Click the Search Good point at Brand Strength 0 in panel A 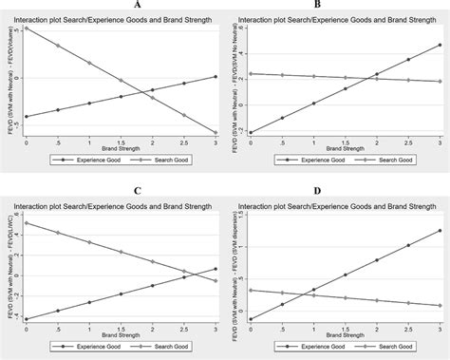click(x=27, y=28)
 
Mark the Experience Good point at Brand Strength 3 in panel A click(x=216, y=76)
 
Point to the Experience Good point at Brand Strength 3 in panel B click(x=441, y=45)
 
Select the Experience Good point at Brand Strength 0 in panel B click(x=250, y=132)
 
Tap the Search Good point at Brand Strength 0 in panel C click(x=27, y=223)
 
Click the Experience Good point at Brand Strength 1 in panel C click(x=90, y=302)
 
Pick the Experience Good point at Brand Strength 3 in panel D click(x=441, y=230)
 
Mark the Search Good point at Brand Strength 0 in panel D click(x=250, y=290)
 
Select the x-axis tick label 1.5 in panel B click(x=346, y=142)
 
